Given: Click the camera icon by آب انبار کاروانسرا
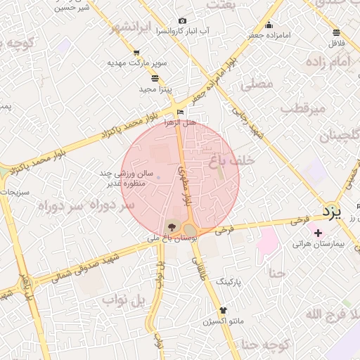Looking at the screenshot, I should coord(183,21).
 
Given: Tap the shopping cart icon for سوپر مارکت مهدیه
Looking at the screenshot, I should coord(136,53).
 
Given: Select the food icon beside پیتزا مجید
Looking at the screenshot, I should coord(155,78).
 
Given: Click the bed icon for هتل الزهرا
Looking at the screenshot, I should coord(181,112).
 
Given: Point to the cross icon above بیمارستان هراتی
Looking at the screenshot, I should coord(319,233).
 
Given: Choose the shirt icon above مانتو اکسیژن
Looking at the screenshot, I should coord(223,310).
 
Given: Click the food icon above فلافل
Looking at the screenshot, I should coord(336,32).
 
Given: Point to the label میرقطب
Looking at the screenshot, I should coord(304,109).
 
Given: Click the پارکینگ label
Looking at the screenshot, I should coord(228,281).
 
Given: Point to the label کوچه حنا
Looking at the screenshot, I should coord(266,345).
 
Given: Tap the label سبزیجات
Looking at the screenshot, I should coord(12,191).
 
